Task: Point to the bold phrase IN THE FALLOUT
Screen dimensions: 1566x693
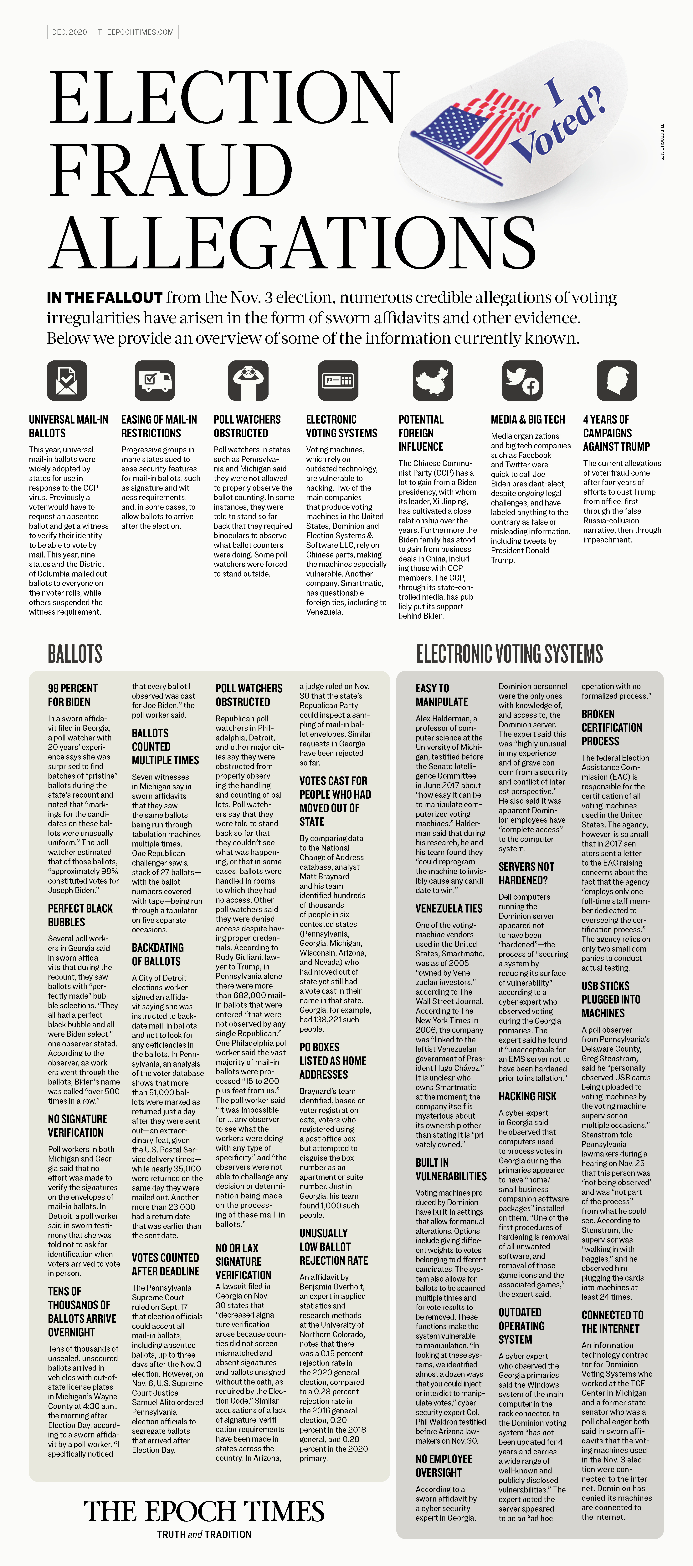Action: tap(105, 298)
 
